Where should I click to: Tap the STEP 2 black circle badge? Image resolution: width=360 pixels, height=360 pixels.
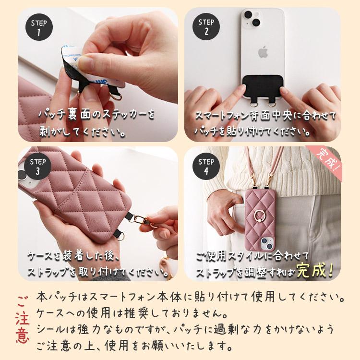tap(206, 27)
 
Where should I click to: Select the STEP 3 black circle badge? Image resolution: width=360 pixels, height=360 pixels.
tap(38, 167)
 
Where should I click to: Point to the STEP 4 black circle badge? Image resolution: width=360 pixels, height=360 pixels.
tap(206, 167)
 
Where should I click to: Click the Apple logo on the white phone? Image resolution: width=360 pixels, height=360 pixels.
tap(262, 50)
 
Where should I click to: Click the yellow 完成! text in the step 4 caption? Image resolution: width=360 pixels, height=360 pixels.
tap(315, 271)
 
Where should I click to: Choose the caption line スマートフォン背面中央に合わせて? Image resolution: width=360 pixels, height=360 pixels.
tap(265, 116)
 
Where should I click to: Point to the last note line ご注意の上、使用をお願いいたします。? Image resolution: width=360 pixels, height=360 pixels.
tap(135, 345)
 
